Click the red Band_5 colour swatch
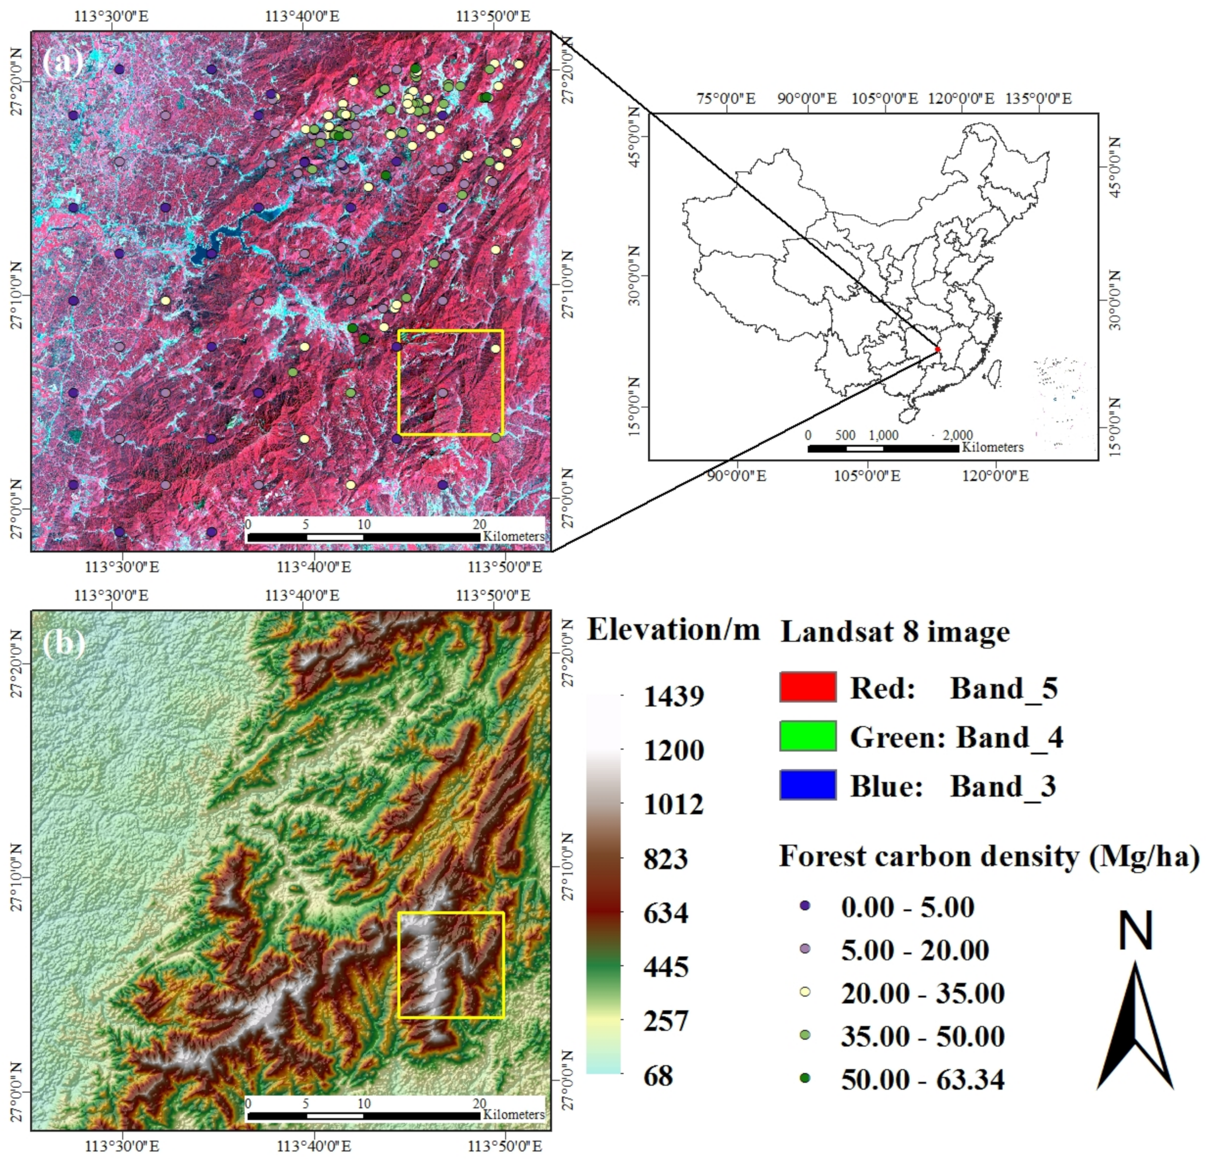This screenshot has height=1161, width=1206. coord(807,687)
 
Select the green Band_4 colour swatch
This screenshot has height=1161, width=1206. coord(807,736)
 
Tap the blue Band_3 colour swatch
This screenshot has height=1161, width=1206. coord(807,784)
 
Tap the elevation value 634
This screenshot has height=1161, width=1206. coord(666,913)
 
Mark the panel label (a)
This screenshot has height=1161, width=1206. coord(63,62)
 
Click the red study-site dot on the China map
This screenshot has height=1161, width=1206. coord(938,350)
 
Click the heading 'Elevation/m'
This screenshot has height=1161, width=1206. coord(674,629)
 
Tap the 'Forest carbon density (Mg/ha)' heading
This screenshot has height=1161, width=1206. coord(989,856)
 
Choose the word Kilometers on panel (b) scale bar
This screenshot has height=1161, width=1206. coord(514,1115)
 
